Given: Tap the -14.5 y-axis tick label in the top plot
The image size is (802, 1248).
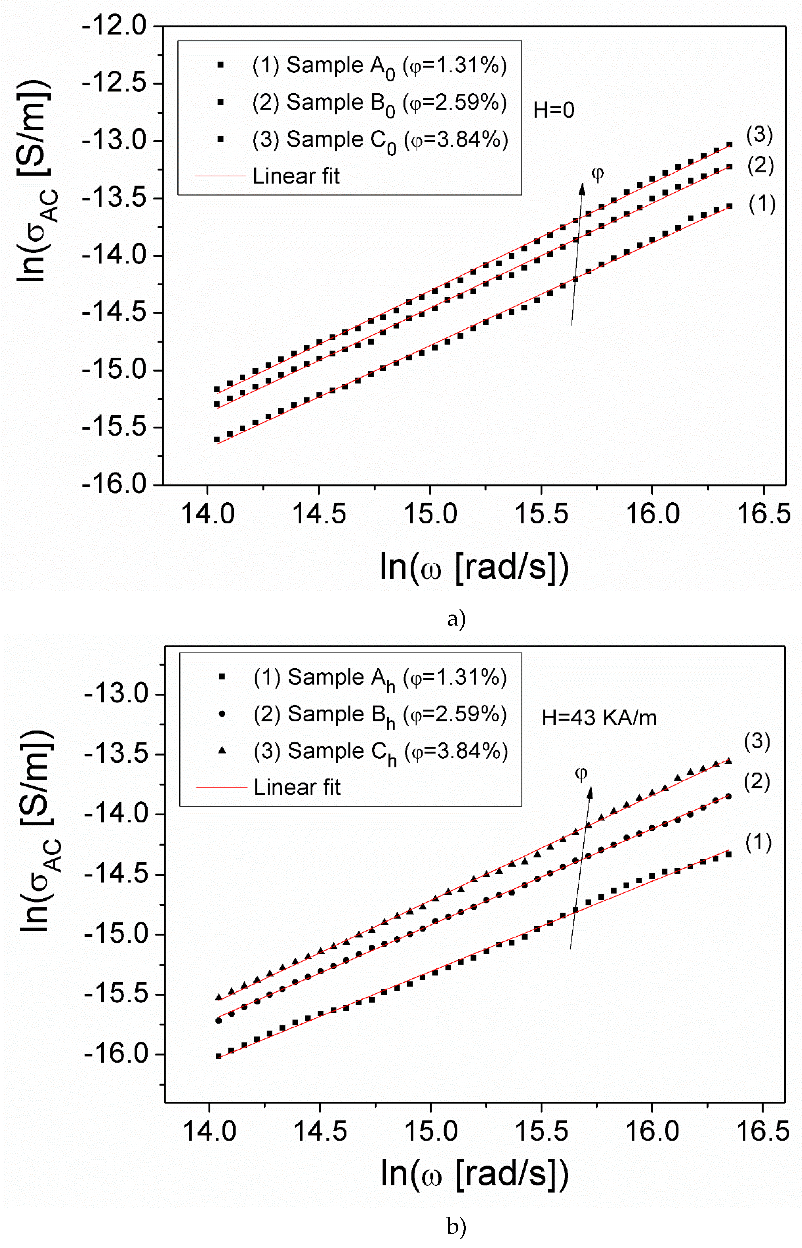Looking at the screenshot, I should (x=114, y=313).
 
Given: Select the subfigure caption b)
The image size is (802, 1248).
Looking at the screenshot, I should (x=456, y=1227).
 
